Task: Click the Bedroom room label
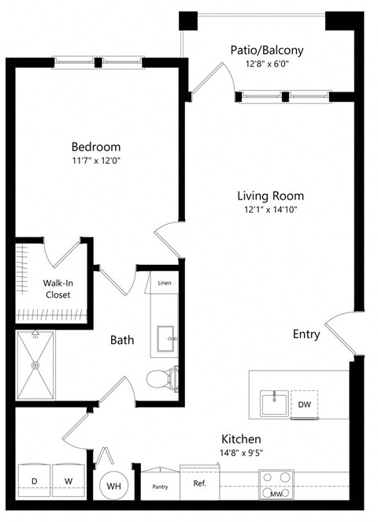96,147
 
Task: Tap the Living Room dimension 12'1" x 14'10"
270,210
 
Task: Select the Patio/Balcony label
267,50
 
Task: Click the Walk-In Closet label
57,289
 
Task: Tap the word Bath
121,341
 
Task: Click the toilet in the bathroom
161,378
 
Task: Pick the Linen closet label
165,283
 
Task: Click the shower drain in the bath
35,365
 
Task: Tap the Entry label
306,334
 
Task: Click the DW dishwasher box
304,405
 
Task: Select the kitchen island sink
274,404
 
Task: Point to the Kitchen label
241,438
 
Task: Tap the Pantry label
160,487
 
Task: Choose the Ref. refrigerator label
199,483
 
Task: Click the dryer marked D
34,480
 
